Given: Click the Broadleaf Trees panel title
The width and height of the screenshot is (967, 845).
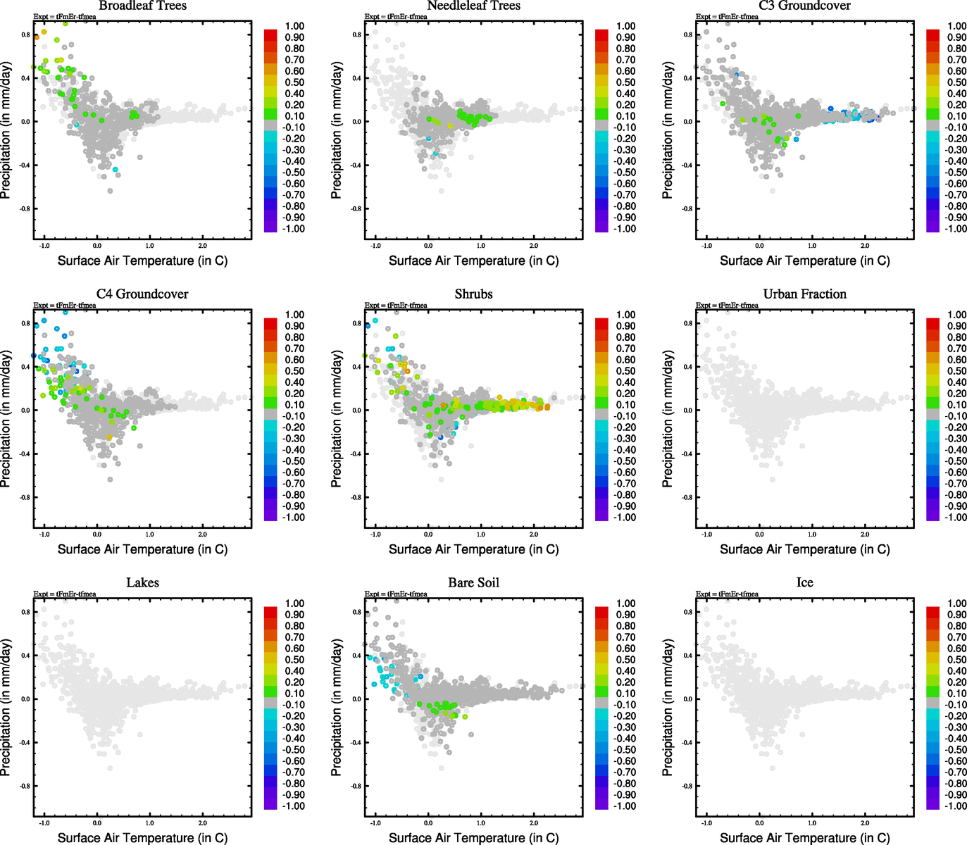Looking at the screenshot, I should click(142, 6).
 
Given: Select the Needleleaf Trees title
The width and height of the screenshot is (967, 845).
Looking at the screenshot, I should click(473, 6).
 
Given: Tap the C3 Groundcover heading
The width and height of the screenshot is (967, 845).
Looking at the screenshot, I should click(804, 6).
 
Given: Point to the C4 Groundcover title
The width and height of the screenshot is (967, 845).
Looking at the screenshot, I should click(142, 294).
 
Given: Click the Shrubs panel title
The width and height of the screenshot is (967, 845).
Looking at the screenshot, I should click(473, 294).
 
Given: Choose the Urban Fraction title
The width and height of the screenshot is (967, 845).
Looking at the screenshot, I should click(804, 294).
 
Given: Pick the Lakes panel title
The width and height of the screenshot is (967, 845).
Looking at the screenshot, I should click(142, 583).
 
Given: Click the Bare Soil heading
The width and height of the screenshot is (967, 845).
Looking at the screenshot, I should click(473, 583).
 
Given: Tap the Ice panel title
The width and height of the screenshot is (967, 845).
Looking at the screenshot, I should click(804, 583).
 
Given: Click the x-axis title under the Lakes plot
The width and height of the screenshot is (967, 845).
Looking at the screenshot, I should click(142, 838).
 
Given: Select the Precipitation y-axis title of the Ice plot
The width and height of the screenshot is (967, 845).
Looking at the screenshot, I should click(668, 708).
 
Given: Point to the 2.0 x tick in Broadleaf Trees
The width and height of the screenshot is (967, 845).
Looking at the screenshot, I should click(203, 246).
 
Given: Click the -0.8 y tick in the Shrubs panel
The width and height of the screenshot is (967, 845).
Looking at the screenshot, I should click(356, 497).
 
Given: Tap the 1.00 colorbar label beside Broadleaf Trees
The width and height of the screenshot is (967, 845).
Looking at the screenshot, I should click(294, 26).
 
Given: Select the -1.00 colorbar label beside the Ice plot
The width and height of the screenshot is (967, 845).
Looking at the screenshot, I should click(956, 806).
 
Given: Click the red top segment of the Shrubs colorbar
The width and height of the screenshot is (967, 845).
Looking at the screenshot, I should click(602, 324).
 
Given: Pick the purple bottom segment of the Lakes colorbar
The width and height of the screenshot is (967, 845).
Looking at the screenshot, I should click(271, 804).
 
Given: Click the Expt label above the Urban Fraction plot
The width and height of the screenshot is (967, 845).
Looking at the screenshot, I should click(727, 306).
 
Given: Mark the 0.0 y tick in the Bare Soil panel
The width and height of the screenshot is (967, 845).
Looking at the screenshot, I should click(356, 699).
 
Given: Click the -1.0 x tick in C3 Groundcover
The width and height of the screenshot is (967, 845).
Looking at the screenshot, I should click(706, 246).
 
